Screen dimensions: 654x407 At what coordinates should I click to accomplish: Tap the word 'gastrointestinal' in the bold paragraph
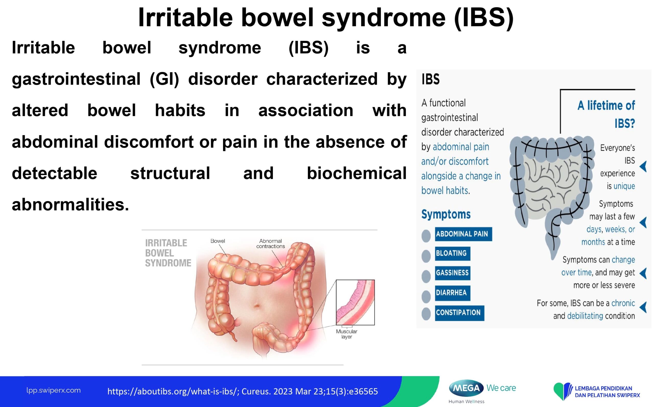coord(76,79)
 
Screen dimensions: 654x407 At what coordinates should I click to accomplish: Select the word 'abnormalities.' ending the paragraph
coord(71,205)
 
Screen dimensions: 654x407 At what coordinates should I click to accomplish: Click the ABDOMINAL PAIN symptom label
coord(463,234)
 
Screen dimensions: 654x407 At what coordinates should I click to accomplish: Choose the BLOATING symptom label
coord(453,253)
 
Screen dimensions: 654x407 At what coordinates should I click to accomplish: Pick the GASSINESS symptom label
coord(453,273)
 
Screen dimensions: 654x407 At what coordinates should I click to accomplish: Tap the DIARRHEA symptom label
coord(453,293)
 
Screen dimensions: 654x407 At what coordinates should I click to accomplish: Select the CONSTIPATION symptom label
coord(459,313)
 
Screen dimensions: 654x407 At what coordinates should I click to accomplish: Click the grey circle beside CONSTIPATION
coord(426,314)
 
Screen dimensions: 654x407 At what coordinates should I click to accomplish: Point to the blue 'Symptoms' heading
coord(446,215)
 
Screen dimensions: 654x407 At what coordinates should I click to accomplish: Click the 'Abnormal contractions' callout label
coord(271,244)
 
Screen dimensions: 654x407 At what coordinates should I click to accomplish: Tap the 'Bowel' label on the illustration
coord(218,241)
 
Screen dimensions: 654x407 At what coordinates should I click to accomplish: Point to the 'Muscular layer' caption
coord(346,334)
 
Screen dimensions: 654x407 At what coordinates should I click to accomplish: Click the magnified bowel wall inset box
coord(355,302)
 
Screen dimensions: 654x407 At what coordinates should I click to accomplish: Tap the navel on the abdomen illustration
coord(257,306)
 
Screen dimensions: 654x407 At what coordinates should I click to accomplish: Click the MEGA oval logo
coord(466,388)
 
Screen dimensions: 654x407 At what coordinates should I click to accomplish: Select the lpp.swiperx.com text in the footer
coord(53,390)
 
